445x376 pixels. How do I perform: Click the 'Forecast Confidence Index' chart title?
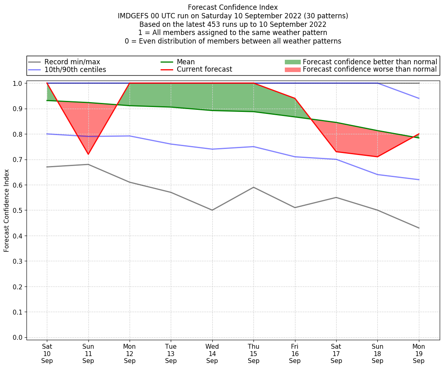pos(233,7)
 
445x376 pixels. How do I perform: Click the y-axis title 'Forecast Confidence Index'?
pos(7,210)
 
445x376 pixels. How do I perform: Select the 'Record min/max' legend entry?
pos(72,62)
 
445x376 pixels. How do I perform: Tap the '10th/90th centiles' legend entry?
pos(75,70)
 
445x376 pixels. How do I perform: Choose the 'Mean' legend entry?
pos(186,62)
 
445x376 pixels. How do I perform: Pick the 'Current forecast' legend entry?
pos(204,70)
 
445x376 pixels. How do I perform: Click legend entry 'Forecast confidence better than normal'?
pos(370,62)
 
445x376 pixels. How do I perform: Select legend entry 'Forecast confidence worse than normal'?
pos(370,70)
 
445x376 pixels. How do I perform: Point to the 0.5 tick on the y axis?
pos(18,210)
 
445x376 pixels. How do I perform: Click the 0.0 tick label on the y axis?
pos(18,337)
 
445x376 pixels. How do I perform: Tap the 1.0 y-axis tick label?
pos(18,83)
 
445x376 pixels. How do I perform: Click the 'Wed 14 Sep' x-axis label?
pos(212,354)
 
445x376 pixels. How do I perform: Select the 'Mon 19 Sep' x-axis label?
pos(419,354)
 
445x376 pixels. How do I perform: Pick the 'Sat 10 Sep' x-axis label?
pos(47,354)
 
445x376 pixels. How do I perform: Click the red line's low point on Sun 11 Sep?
pos(88,154)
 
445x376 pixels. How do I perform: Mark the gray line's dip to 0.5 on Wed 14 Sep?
pos(212,210)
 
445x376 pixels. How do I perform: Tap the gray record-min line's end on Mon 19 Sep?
pos(419,228)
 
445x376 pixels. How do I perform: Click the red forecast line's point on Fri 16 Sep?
pos(295,98)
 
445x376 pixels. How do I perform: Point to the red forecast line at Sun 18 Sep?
pos(377,157)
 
